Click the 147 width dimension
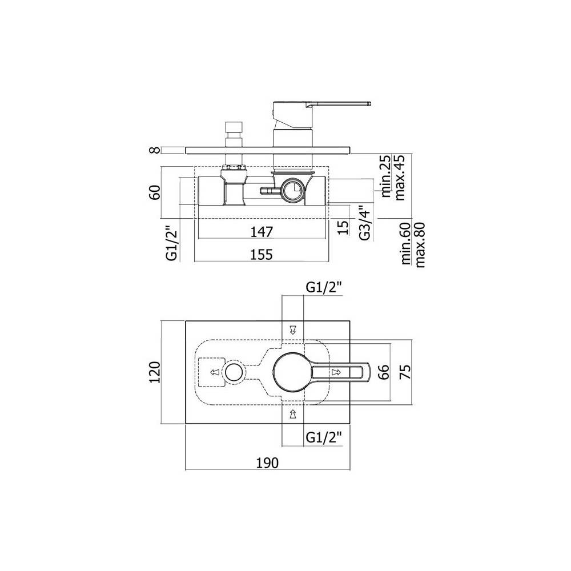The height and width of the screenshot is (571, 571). [x=262, y=232]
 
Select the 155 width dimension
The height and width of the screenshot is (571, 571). [x=262, y=254]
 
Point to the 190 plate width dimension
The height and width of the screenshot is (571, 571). [x=268, y=463]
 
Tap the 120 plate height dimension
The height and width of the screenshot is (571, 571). [x=155, y=372]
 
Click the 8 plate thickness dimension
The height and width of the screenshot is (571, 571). [x=155, y=150]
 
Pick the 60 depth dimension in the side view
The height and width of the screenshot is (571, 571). [x=155, y=192]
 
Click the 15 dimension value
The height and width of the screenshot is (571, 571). [x=343, y=227]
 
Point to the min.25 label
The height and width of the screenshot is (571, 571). [x=385, y=176]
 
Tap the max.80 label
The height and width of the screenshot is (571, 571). [x=420, y=245]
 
